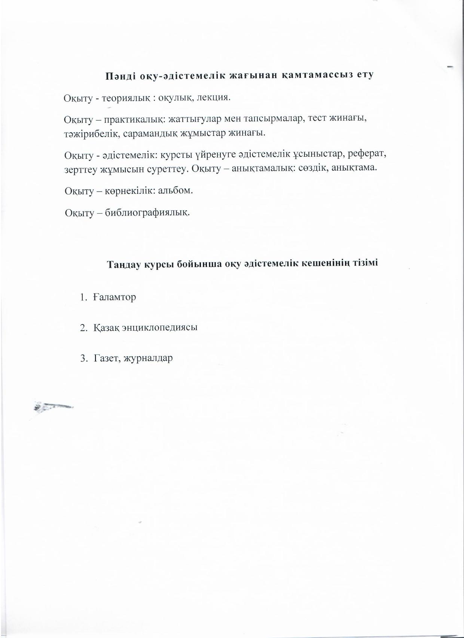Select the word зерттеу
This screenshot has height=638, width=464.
(x=81, y=169)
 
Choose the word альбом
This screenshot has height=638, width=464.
(x=175, y=190)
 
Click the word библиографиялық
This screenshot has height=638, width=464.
(x=147, y=213)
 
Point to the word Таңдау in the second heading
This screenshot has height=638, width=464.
(x=124, y=264)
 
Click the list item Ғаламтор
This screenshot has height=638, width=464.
(x=115, y=298)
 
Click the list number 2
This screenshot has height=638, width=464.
(x=83, y=328)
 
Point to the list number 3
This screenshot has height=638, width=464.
(x=83, y=358)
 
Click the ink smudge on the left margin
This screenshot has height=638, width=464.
(x=52, y=406)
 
